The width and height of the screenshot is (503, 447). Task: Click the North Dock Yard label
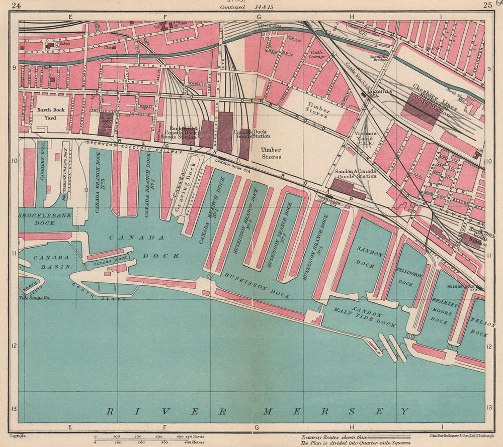pos(50,114)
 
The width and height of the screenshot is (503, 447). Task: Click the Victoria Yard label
pos(364,137)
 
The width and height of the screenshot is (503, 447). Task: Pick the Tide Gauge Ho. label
pos(33,297)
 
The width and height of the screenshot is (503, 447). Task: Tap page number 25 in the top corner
pos(487,6)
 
